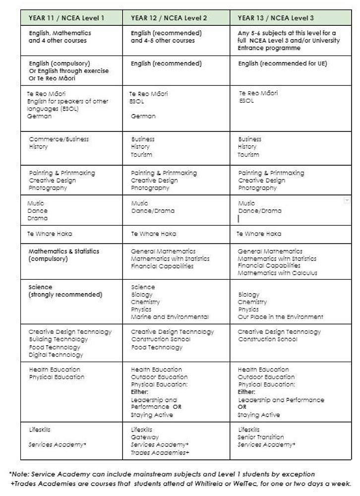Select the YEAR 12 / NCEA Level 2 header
click(x=169, y=18)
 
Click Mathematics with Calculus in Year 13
click(x=278, y=273)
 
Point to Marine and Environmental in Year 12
click(x=170, y=317)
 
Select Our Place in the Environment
click(x=281, y=317)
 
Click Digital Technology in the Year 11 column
click(x=56, y=355)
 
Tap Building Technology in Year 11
click(x=58, y=340)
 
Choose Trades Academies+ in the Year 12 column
click(x=160, y=452)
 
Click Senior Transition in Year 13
click(x=261, y=437)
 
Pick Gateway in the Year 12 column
click(x=145, y=437)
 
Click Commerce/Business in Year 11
click(x=59, y=139)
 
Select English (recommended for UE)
click(x=283, y=63)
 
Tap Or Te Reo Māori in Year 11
click(x=52, y=78)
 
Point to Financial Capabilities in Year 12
click(x=162, y=266)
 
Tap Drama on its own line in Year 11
click(x=38, y=218)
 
